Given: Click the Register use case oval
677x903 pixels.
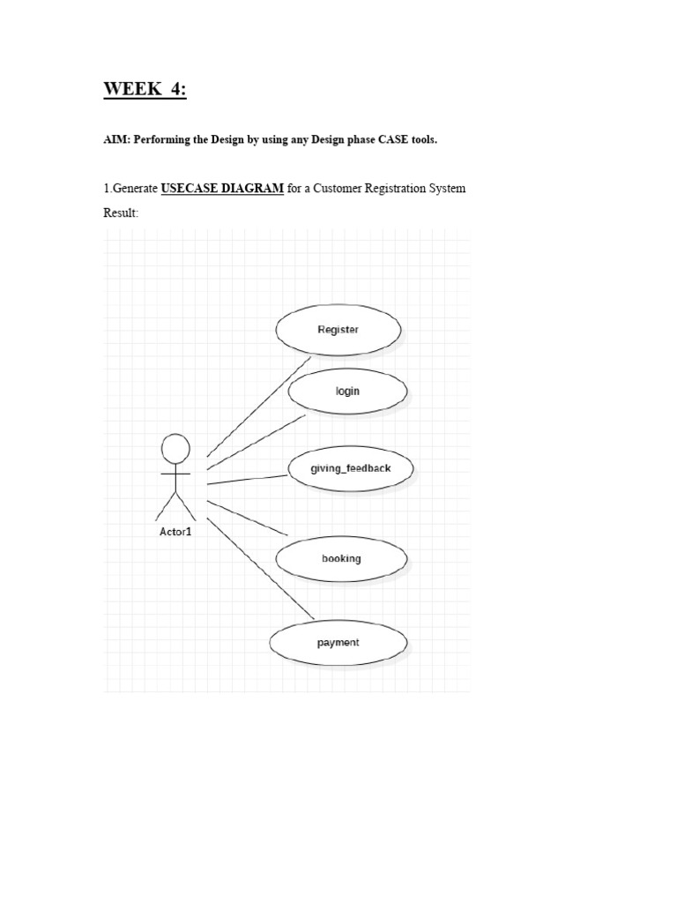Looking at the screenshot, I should pos(338,330).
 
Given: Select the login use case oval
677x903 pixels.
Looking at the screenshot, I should pos(347,391).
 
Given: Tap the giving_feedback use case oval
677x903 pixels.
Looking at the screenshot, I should pos(350,468).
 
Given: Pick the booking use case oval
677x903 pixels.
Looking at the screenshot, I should pos(341,558).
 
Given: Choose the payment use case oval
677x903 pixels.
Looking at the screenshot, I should pos(338,643).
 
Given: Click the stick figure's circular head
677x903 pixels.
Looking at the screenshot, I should pos(175,449).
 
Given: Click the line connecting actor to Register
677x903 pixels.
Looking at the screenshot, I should pos(258,406).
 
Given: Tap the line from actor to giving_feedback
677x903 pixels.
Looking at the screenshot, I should pos(248,480).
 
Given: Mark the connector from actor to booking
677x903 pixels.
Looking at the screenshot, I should pos(248,518).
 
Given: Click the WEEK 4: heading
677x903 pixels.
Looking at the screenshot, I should pos(145,89).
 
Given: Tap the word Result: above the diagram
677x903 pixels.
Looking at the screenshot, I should pos(122,213).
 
